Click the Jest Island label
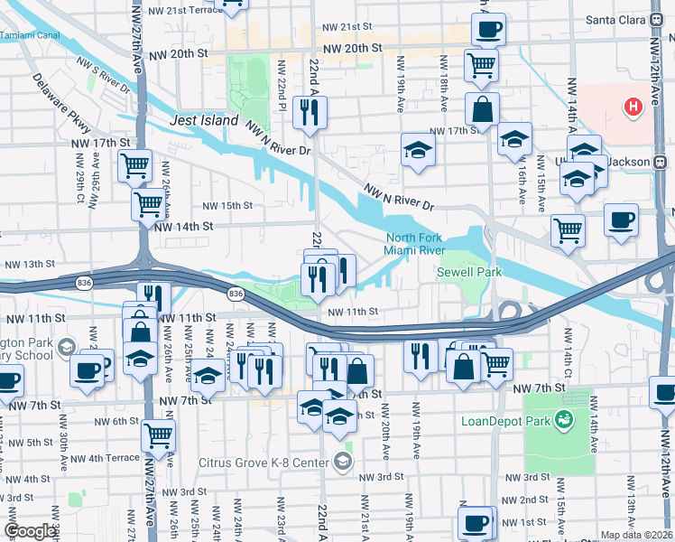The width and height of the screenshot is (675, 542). pyautogui.click(x=205, y=120)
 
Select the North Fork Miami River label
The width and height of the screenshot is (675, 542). pyautogui.click(x=413, y=244)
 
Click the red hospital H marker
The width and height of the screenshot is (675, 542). pyautogui.click(x=633, y=107)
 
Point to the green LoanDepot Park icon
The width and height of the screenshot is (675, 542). pyautogui.click(x=565, y=418)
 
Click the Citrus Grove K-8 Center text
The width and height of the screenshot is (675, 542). pyautogui.click(x=265, y=463)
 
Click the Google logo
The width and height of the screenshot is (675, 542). pyautogui.click(x=30, y=531)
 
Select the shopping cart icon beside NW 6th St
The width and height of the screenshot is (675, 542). pyautogui.click(x=159, y=435)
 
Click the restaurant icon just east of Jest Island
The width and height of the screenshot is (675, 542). pyautogui.click(x=310, y=112)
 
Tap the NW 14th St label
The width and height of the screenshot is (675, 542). pyautogui.click(x=183, y=227)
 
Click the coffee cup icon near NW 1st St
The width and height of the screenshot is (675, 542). pyautogui.click(x=475, y=521)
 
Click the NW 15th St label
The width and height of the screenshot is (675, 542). pyautogui.click(x=227, y=206)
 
